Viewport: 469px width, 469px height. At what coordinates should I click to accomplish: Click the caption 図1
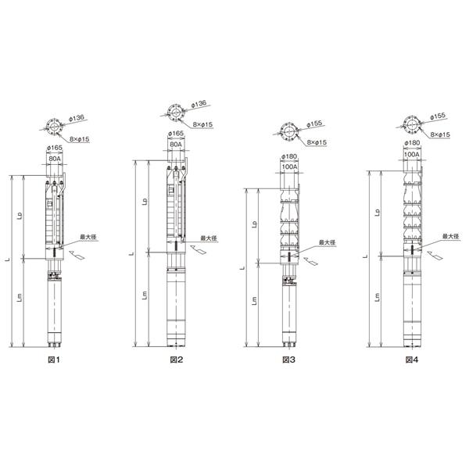pos(54,360)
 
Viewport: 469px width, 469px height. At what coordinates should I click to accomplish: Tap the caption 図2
pos(176,360)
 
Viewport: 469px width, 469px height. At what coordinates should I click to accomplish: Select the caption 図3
pos(289,360)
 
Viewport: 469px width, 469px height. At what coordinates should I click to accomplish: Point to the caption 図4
pos(412,360)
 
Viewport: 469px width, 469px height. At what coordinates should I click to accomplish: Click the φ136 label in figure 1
pos(77,118)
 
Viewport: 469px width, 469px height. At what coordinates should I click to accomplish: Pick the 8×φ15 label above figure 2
pos(202,124)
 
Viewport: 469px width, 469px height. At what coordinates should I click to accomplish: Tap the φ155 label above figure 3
pos(314,124)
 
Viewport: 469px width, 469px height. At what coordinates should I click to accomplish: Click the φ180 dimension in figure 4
pos(412,143)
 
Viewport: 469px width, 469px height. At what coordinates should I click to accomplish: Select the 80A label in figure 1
pos(55,159)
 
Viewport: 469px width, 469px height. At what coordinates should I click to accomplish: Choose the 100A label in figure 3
pos(289,166)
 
